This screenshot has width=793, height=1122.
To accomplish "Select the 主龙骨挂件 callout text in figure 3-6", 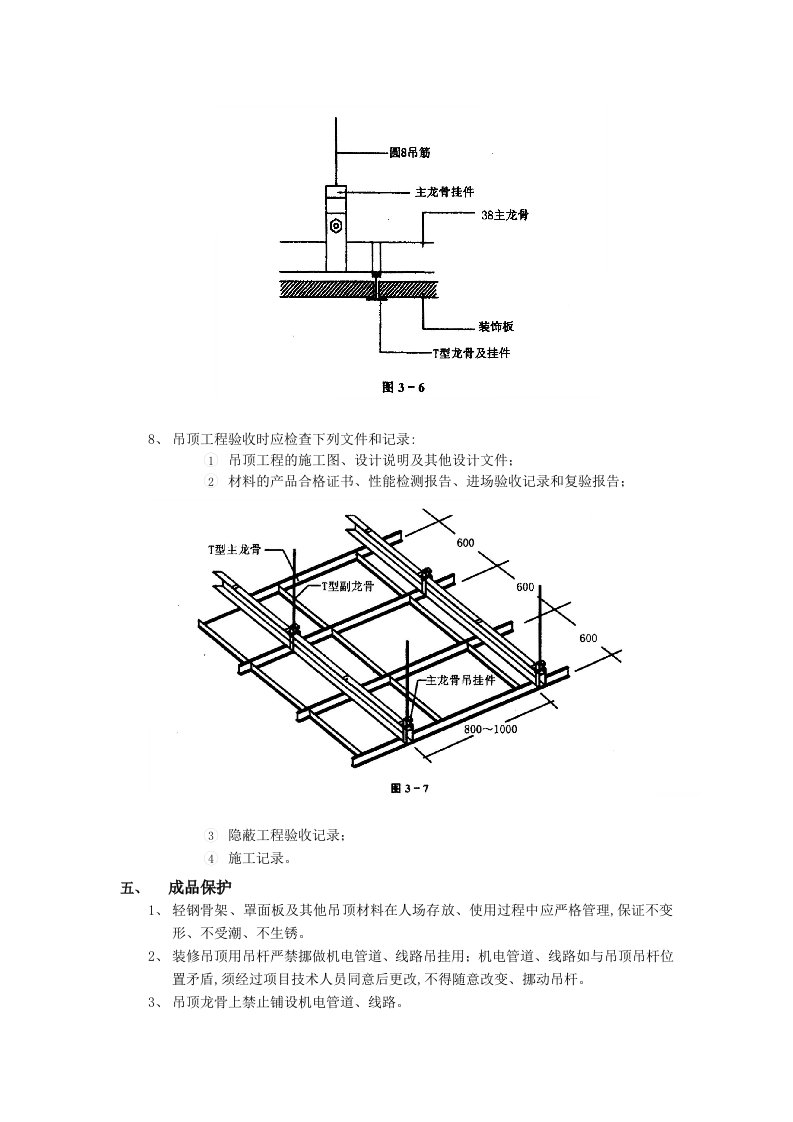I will pos(444,190).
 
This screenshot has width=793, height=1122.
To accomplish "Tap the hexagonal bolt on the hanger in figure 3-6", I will pos(337,226).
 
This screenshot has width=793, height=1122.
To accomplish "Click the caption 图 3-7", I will pos(409,788).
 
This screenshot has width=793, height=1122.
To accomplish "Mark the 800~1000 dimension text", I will pos(490,729).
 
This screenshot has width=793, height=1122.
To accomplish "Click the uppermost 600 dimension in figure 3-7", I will pos(465,543).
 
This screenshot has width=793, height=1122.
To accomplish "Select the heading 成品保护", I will pos(200,886).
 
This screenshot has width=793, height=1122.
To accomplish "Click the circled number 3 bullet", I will pos(210,835).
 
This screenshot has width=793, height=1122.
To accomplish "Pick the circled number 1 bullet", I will pos(210,461).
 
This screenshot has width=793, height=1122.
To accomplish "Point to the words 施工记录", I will pos(259,858).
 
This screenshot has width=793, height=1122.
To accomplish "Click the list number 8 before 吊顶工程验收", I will pos(152,438).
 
